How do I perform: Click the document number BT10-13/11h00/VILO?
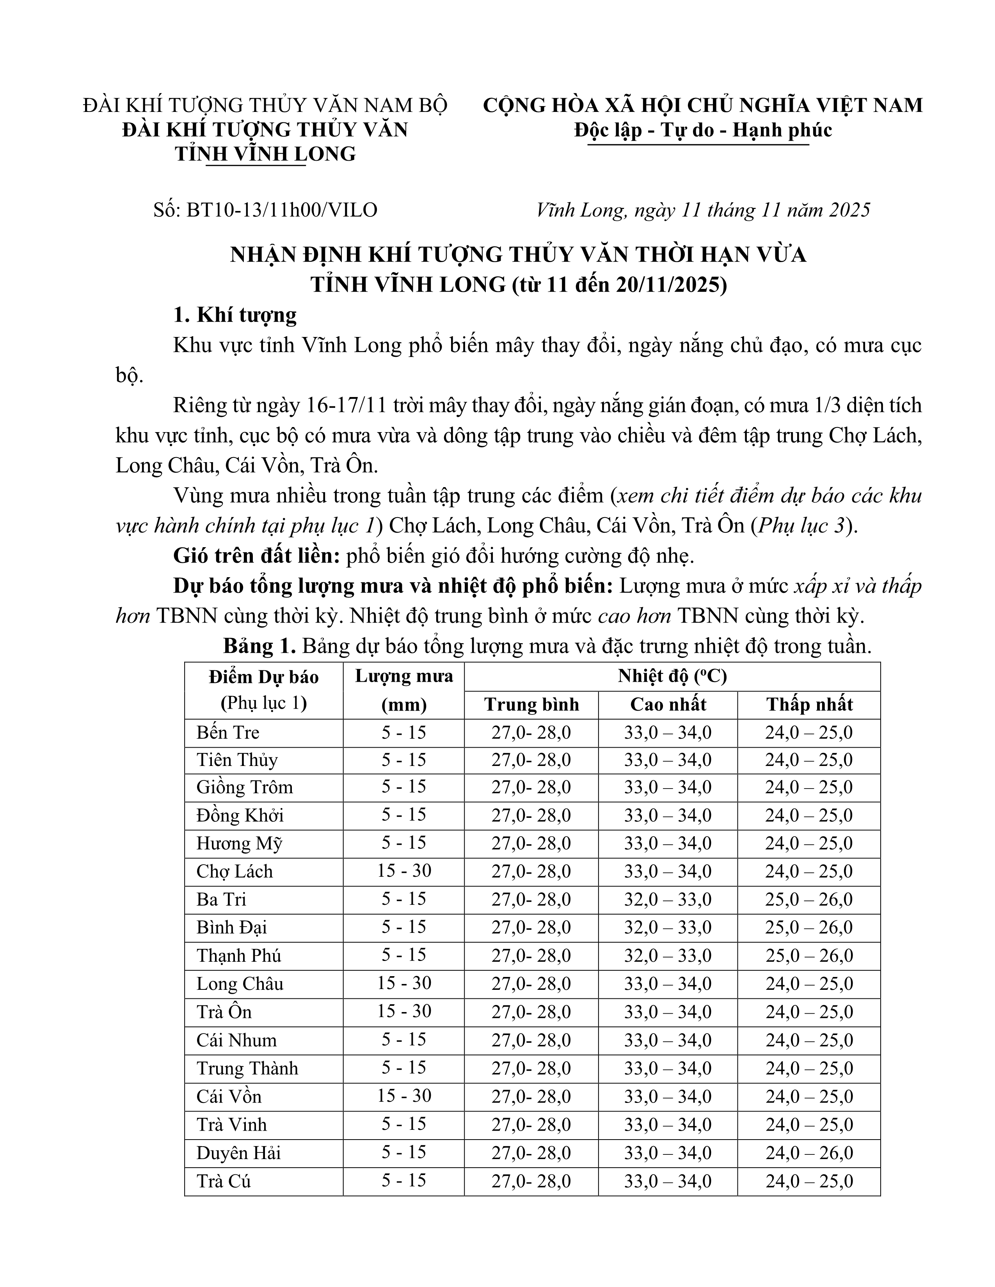(282, 210)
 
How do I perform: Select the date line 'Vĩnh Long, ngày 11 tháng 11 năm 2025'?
(703, 210)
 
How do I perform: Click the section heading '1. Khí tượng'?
(235, 315)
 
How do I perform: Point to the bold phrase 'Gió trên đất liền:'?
(256, 556)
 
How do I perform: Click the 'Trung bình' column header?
(531, 705)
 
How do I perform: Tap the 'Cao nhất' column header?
(668, 705)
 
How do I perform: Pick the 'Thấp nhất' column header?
(809, 705)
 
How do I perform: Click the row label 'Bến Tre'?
(228, 732)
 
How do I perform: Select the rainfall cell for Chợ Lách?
(404, 871)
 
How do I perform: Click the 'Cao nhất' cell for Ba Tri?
(668, 899)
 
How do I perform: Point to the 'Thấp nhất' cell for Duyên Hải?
(809, 1152)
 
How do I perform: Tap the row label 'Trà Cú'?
(224, 1181)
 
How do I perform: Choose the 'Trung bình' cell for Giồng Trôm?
(531, 787)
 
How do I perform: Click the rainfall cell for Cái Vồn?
(404, 1096)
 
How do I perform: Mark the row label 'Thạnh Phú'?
(239, 955)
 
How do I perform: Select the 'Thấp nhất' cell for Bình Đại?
(809, 927)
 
